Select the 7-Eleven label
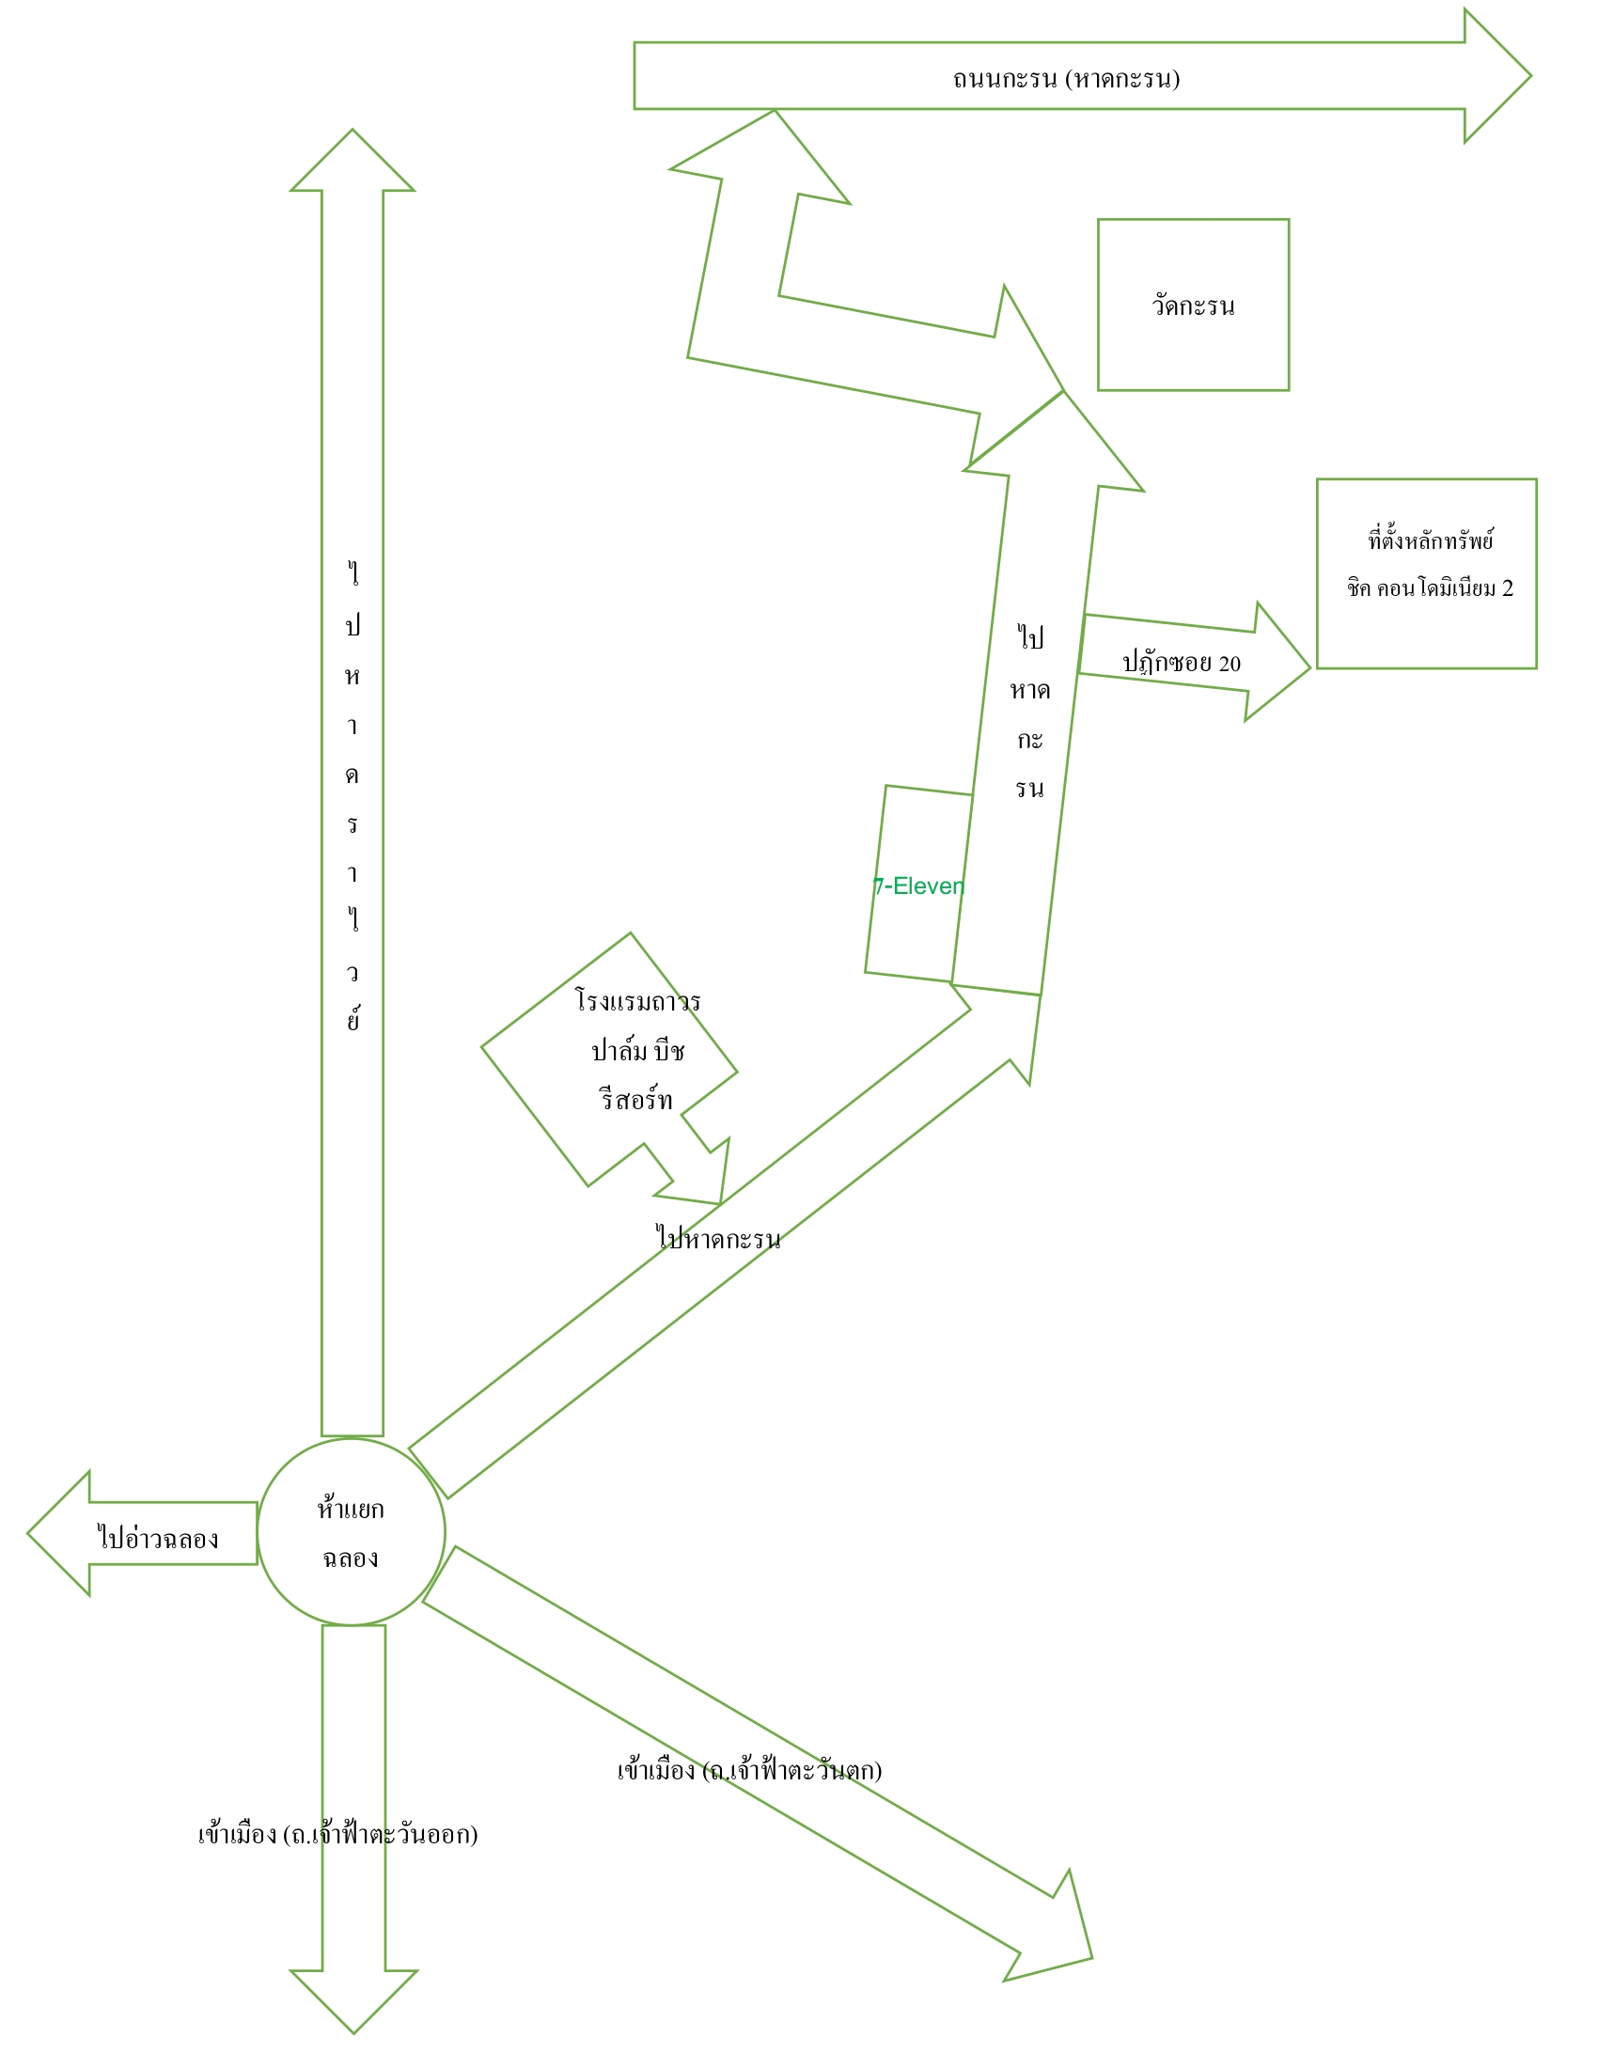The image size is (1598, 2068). [918, 886]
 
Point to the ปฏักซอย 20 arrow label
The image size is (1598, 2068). [1182, 662]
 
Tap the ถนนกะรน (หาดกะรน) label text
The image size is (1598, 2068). [1066, 78]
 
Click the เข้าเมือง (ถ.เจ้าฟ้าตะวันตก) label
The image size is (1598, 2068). [750, 1770]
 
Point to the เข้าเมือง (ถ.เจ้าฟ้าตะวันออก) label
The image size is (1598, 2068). [338, 1834]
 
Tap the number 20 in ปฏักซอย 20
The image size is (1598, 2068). [1229, 663]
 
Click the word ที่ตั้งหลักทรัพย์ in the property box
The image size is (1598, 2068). [1431, 540]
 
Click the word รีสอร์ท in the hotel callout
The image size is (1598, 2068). [636, 1100]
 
